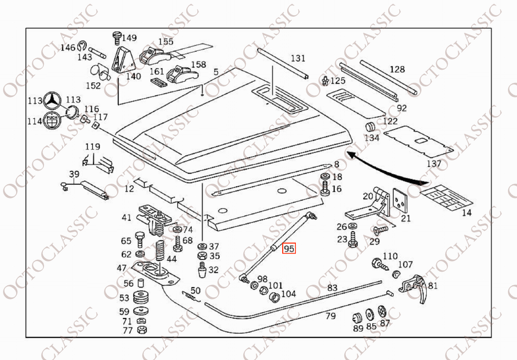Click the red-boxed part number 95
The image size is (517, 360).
(289, 248)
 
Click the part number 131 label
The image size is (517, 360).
(298, 58)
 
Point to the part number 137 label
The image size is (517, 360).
(434, 164)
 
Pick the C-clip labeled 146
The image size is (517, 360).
(82, 48)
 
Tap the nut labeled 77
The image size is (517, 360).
(142, 330)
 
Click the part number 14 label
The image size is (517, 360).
(467, 213)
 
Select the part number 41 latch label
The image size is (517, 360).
(126, 218)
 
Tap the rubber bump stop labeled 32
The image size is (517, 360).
(201, 271)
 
